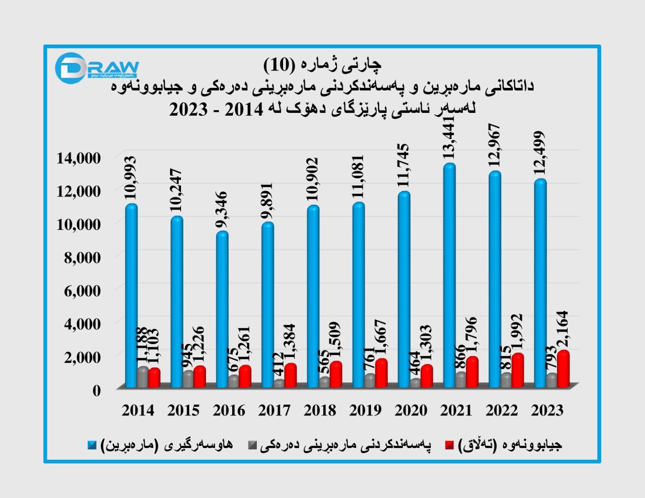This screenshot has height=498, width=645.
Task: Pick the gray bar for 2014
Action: (x=143, y=377)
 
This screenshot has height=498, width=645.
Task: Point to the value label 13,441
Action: (x=448, y=138)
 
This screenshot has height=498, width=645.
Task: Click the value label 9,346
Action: (x=221, y=210)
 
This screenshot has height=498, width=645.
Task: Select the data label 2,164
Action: (x=562, y=328)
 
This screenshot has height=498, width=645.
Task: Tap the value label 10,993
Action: (x=130, y=178)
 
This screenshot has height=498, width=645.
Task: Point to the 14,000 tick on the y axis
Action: (x=79, y=158)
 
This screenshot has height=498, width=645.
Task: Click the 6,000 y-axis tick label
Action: (x=82, y=290)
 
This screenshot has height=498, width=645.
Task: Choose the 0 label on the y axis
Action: (x=96, y=390)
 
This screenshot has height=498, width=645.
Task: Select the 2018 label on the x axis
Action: (x=320, y=410)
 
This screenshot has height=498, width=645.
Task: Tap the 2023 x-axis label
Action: (x=547, y=410)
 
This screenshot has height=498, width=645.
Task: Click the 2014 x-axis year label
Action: (x=138, y=410)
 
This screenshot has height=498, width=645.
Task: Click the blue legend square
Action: (x=92, y=445)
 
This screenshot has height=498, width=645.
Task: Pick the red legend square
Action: (x=449, y=445)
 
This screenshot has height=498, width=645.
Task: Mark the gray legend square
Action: (x=252, y=445)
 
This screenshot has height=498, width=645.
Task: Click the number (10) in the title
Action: (x=279, y=64)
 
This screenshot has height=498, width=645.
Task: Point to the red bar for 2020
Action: (x=427, y=376)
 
